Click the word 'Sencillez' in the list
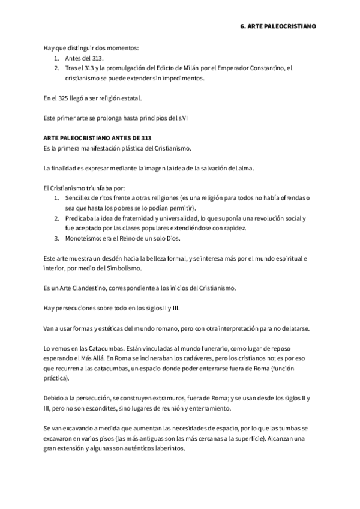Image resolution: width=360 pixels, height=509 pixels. (79, 197)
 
